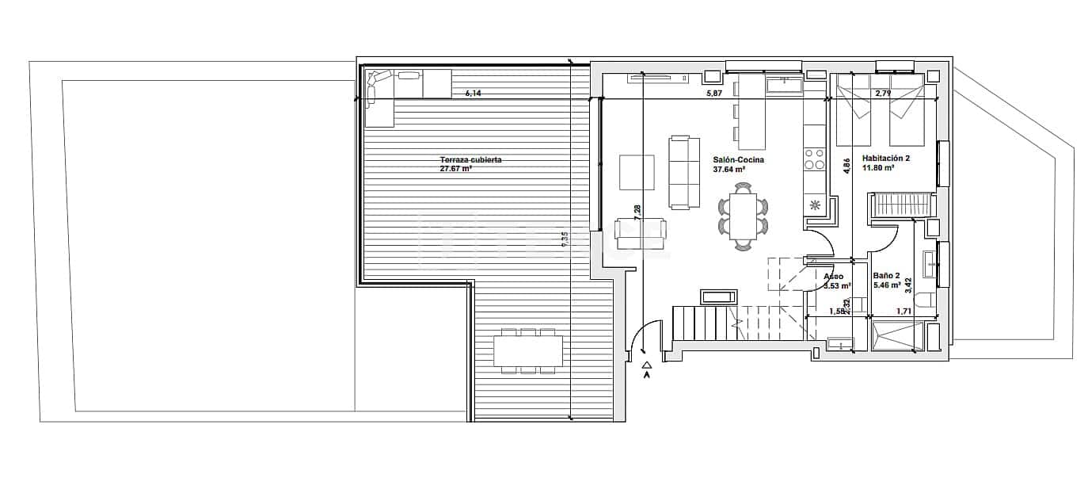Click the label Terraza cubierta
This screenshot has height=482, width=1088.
(470, 159)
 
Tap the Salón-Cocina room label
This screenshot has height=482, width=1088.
(738, 159)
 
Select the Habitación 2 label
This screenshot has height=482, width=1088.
(885, 159)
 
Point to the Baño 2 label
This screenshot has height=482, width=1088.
(886, 275)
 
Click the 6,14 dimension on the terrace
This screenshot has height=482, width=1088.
(473, 94)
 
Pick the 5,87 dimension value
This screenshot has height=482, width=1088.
(714, 94)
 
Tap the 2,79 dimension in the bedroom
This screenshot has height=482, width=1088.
(883, 94)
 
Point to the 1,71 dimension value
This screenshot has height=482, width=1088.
(902, 312)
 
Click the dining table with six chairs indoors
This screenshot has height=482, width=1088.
(744, 216)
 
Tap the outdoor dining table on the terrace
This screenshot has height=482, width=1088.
(528, 350)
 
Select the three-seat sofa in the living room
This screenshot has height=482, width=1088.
(685, 172)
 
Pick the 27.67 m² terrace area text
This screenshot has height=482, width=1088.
(456, 169)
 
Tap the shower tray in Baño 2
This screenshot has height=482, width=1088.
(898, 336)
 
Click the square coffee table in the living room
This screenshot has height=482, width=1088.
(637, 172)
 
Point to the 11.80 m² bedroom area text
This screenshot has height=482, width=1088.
(878, 168)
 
